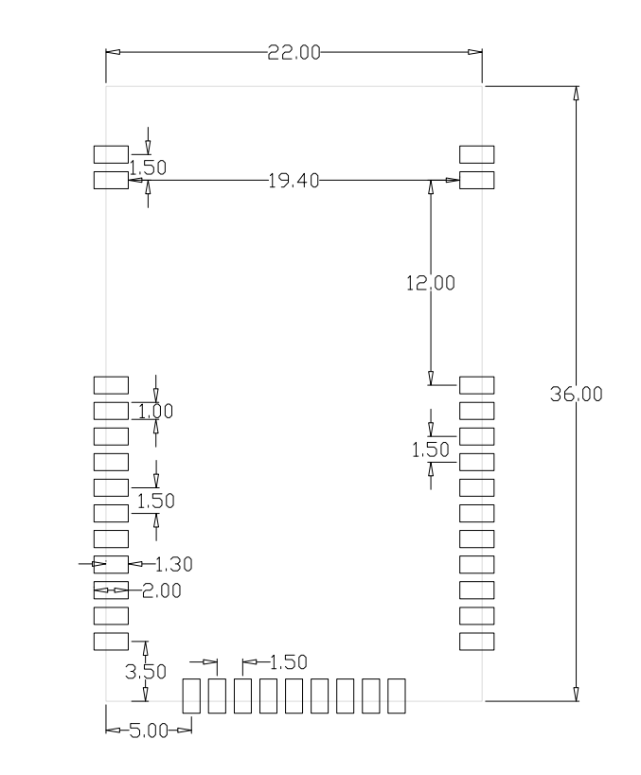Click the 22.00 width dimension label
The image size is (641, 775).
[x=294, y=52]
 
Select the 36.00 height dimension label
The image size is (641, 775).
[x=577, y=394]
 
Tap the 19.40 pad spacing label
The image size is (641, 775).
[x=294, y=181]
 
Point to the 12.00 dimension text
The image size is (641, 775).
[x=430, y=283]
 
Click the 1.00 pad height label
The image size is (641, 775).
[x=155, y=412]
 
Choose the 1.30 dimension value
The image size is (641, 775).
[x=173, y=564]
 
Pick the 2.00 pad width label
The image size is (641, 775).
[x=162, y=590]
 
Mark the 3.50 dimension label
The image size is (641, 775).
[x=146, y=672]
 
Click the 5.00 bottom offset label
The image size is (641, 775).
[x=149, y=731]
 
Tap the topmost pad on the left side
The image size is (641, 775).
[x=112, y=154]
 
